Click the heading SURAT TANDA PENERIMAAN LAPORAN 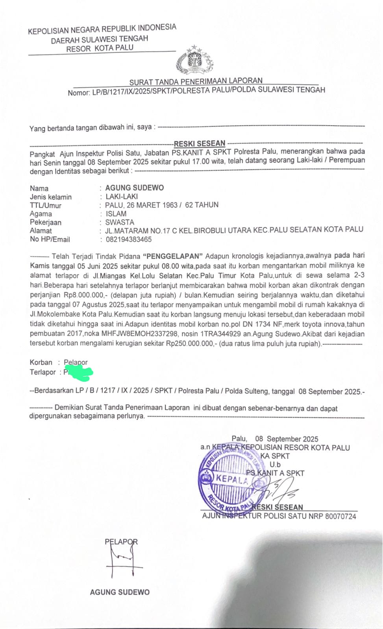[196, 81]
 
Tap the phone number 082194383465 [128, 239]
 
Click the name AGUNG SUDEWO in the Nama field [134, 188]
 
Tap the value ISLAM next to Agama [116, 214]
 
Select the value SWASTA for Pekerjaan [120, 222]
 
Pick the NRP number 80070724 [340, 516]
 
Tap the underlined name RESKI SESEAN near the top [200, 143]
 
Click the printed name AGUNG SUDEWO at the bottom [120, 592]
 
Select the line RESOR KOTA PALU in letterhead [100, 48]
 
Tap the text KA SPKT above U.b [275, 456]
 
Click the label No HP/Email [50, 239]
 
